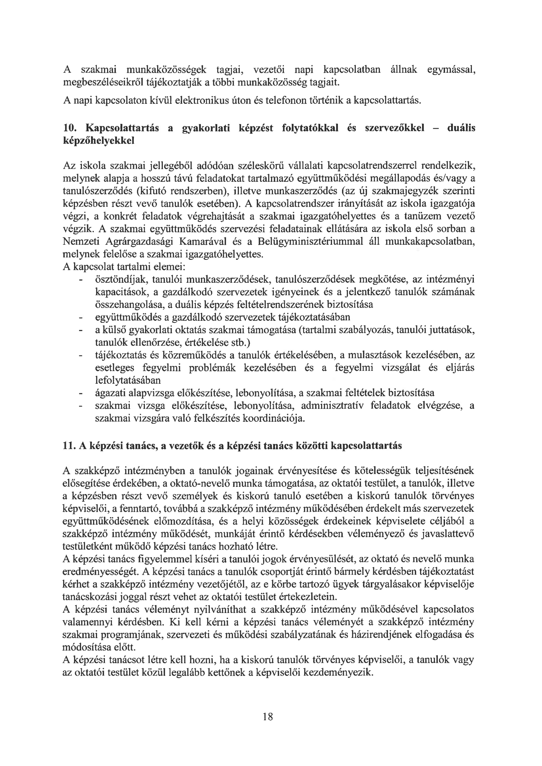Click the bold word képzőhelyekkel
click(99, 141)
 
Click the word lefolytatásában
click(128, 380)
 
